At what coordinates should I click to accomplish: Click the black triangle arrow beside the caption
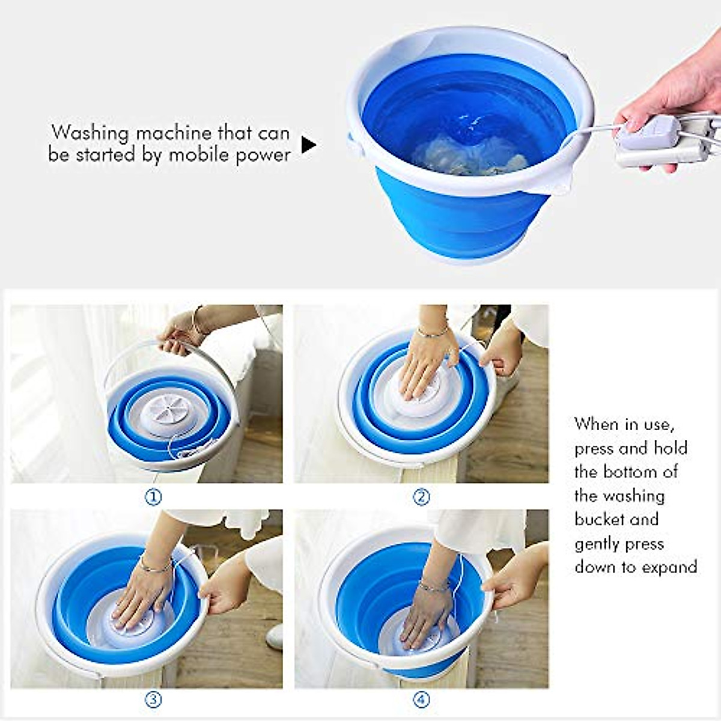[308, 145]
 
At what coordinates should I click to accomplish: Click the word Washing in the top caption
[90, 132]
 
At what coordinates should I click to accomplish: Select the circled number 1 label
[154, 497]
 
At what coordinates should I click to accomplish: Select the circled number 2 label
[422, 497]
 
